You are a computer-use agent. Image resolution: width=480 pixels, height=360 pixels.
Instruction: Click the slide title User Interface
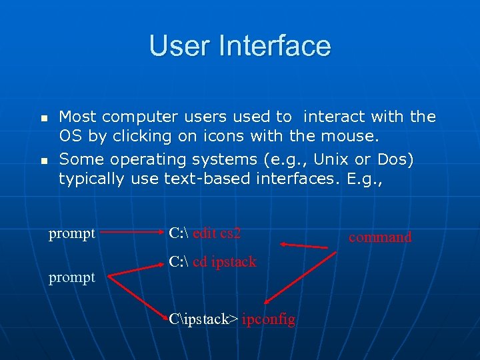(239, 45)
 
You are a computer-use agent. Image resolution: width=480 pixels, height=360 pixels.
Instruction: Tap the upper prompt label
(72, 234)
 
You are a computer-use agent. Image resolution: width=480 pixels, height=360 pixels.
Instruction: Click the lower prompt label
(72, 277)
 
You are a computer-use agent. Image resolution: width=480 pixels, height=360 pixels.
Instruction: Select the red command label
(380, 237)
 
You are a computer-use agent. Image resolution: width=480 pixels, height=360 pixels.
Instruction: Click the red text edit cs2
(217, 233)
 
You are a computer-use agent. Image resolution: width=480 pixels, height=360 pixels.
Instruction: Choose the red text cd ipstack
(225, 262)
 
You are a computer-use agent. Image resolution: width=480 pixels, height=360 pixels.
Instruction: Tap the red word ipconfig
(269, 319)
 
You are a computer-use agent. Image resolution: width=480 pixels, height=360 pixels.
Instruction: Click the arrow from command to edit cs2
(304, 246)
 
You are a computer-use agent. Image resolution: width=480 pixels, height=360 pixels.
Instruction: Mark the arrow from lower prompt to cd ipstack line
(133, 269)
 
